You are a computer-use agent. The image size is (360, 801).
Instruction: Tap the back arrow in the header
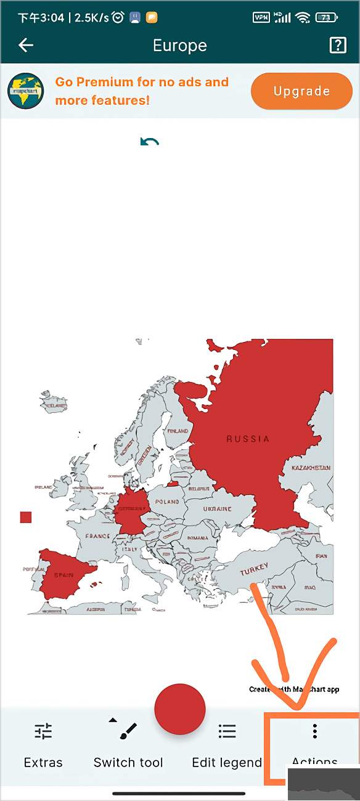[x=26, y=45]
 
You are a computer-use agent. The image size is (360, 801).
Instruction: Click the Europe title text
[x=179, y=46]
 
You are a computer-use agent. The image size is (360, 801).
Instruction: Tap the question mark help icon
[x=338, y=45]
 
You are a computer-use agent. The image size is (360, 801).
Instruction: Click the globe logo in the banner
[x=25, y=91]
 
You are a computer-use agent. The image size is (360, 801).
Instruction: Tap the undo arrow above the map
[x=149, y=142]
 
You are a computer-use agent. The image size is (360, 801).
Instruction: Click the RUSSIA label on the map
[x=248, y=439]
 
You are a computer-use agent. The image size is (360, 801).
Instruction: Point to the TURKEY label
[x=254, y=569]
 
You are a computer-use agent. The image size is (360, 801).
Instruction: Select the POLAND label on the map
[x=167, y=502]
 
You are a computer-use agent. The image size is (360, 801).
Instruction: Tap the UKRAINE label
[x=218, y=510]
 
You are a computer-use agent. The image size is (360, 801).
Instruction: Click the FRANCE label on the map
[x=97, y=537]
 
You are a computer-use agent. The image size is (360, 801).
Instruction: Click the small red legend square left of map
[x=25, y=517]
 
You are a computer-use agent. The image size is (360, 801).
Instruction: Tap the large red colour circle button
[x=179, y=709]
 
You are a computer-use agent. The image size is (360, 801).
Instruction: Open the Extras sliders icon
[x=43, y=731]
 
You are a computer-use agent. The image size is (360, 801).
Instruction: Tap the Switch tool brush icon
[x=128, y=731]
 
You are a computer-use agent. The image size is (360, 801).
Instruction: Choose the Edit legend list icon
[x=227, y=731]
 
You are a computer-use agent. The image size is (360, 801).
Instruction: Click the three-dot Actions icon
[x=314, y=731]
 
